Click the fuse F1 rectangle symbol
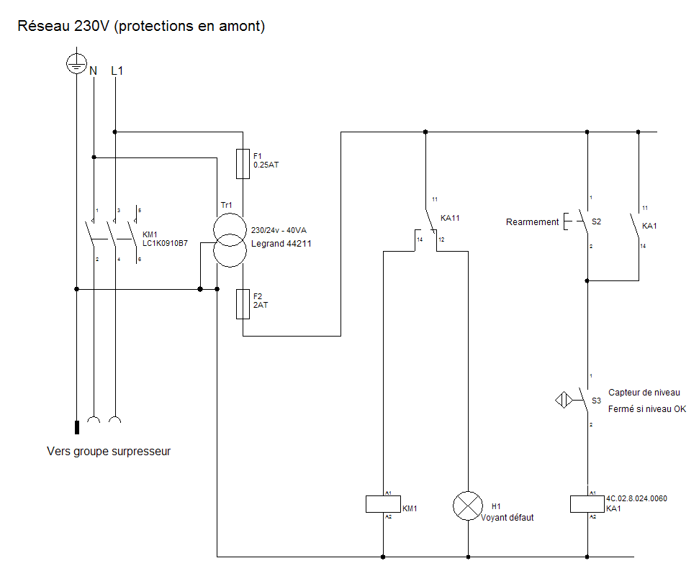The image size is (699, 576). (x=243, y=164)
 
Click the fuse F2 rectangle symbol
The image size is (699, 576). (x=243, y=304)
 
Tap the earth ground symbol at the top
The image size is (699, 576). (x=76, y=64)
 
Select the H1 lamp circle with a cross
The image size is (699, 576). (x=468, y=506)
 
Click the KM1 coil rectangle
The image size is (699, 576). (x=383, y=504)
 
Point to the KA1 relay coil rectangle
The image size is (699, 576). (x=587, y=504)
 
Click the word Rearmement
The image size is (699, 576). (x=532, y=222)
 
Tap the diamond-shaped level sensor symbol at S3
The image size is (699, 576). (x=564, y=399)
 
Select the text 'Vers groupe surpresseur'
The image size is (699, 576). (x=109, y=452)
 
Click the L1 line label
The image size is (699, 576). (x=117, y=70)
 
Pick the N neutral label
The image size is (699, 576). (x=93, y=70)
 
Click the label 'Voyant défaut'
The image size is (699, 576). (x=508, y=518)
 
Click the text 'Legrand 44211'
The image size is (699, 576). (x=281, y=244)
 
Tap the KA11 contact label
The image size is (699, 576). (x=450, y=217)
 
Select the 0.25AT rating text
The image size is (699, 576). (x=266, y=165)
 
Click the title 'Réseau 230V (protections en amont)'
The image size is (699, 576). (x=142, y=27)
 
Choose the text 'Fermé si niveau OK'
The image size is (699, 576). (x=647, y=409)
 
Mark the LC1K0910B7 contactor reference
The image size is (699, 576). (x=165, y=244)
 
